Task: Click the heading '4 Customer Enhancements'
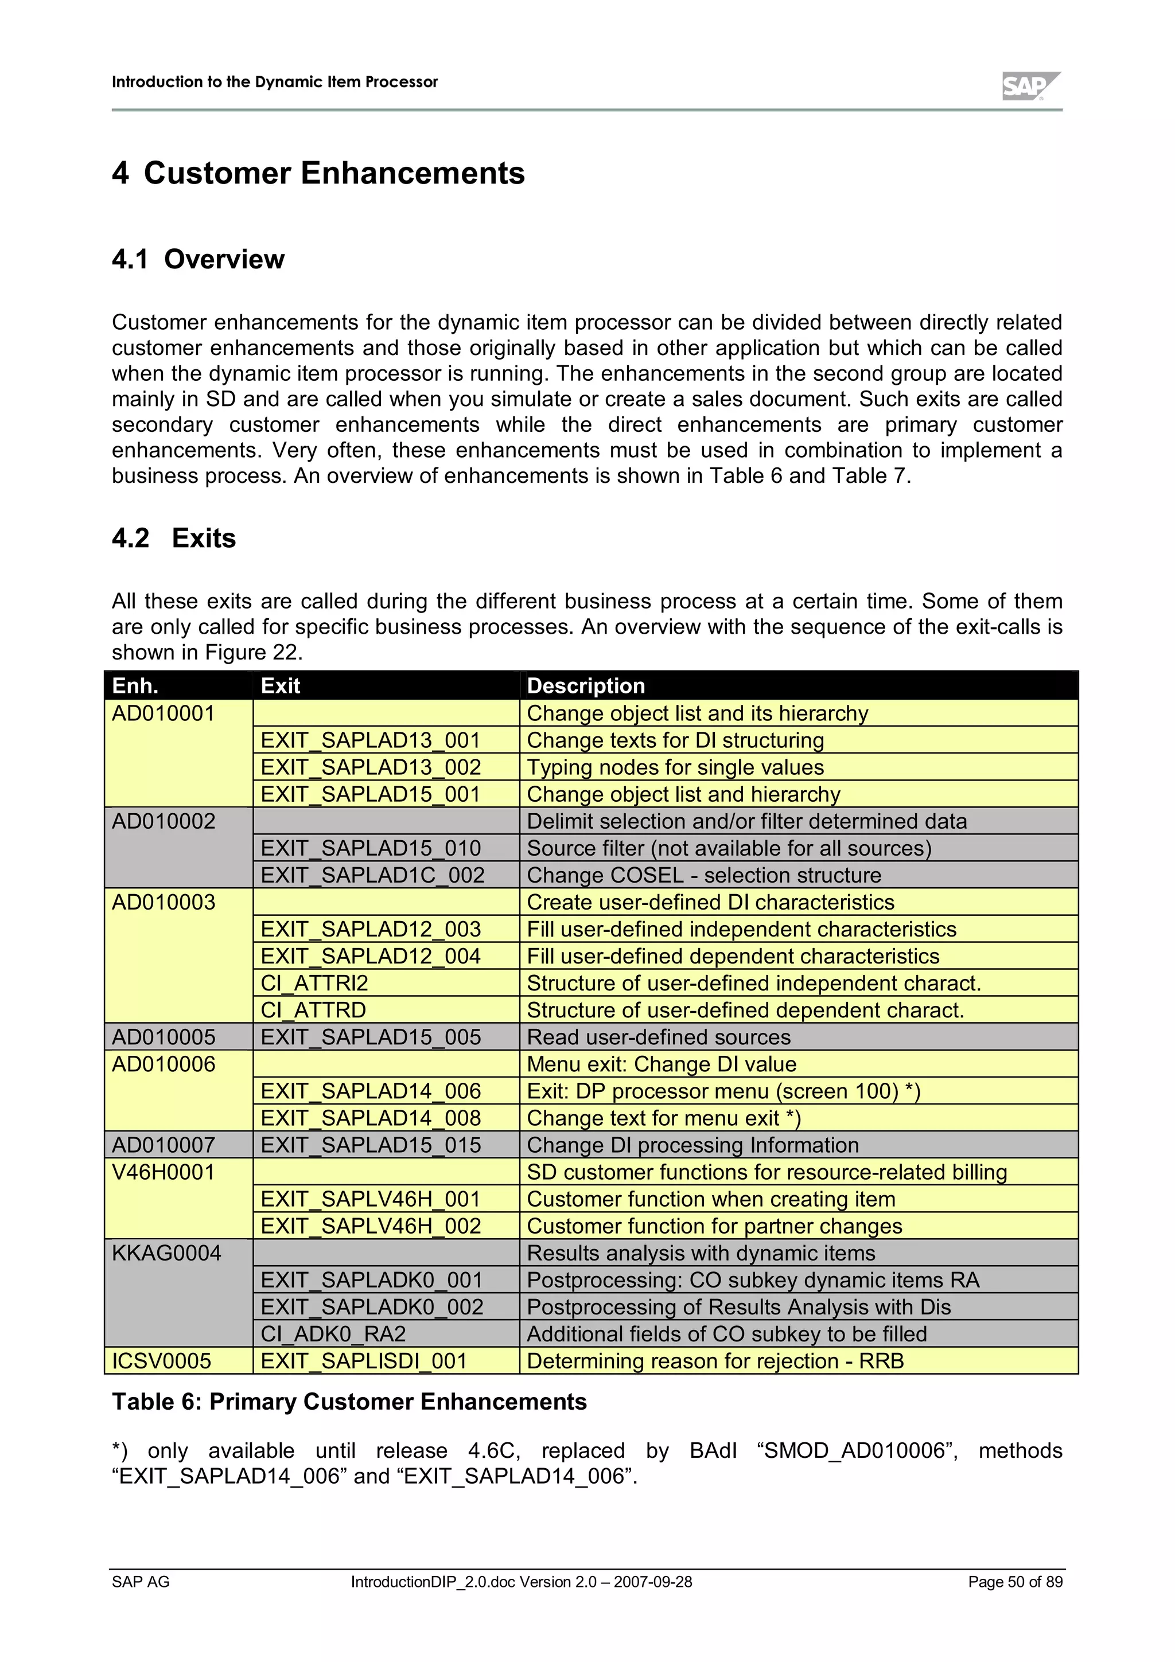click(318, 174)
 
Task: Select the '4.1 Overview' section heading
click(199, 259)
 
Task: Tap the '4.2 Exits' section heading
click(174, 539)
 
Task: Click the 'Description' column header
click(585, 685)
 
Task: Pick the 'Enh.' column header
click(135, 685)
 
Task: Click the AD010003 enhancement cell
click(164, 902)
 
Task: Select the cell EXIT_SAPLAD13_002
click(371, 767)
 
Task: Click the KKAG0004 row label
click(166, 1253)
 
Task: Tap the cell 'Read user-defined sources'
click(658, 1037)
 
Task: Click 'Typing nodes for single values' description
click(675, 767)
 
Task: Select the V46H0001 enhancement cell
click(164, 1172)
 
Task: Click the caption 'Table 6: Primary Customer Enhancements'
click(349, 1402)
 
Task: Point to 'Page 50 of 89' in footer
click(1015, 1582)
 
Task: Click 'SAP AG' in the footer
click(141, 1582)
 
